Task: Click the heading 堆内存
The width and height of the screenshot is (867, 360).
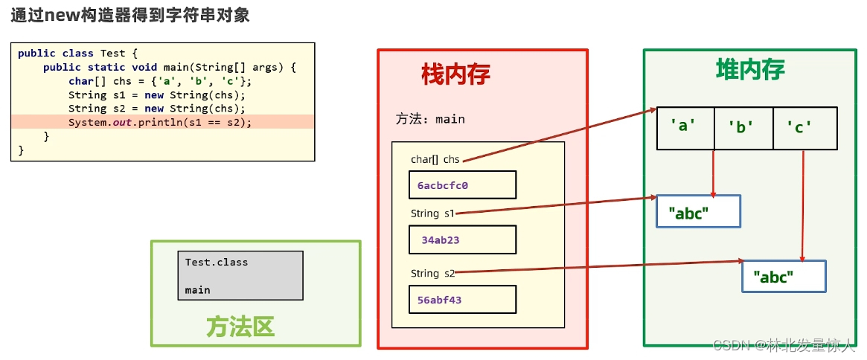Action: click(749, 70)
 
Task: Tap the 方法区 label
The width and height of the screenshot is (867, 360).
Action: click(240, 327)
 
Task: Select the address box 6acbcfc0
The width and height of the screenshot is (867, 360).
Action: click(461, 184)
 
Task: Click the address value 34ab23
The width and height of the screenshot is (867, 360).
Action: click(441, 240)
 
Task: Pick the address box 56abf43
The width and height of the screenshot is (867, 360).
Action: click(461, 299)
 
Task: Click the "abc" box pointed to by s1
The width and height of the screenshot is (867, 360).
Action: click(698, 211)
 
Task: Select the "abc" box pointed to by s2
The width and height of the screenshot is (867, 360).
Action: click(784, 276)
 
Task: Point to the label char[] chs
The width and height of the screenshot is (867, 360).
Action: click(435, 159)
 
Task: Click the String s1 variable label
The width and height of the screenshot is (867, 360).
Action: click(432, 213)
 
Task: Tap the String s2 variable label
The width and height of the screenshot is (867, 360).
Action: click(432, 273)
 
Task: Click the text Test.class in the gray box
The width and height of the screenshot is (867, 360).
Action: click(217, 262)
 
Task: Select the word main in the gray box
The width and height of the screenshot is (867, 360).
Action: click(198, 290)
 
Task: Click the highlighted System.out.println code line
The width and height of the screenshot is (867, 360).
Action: click(160, 122)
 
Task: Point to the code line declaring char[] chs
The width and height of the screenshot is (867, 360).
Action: click(160, 81)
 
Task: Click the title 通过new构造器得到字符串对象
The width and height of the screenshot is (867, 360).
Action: click(129, 15)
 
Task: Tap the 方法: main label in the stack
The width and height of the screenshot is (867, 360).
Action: click(430, 119)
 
